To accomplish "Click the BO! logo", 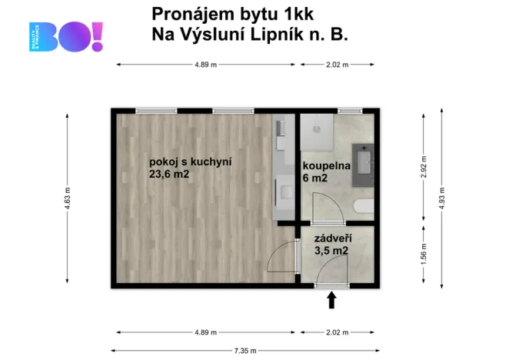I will point(65,36).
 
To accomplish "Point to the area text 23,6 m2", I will point(169,175).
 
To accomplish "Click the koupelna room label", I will point(326,165).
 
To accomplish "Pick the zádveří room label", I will point(332,238).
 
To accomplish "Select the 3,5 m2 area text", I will point(332,250).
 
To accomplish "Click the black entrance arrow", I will point(332,300).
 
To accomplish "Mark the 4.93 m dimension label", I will point(441,199).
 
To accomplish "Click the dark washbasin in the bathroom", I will point(362,163).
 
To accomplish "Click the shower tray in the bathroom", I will point(317,132).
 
